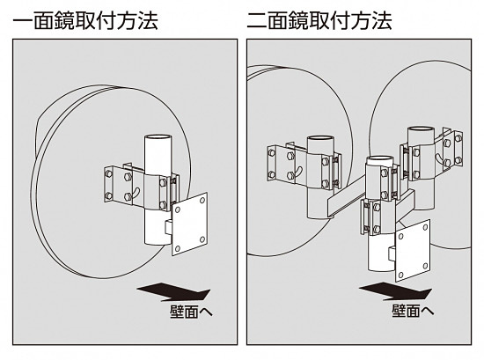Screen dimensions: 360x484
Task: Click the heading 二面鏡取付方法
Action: click(x=325, y=19)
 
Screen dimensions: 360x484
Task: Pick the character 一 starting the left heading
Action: click(x=18, y=19)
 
